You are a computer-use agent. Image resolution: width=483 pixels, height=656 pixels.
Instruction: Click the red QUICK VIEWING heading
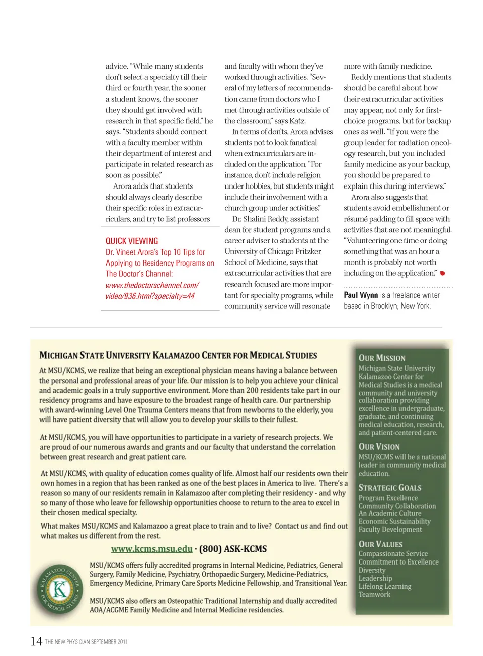click(x=132, y=241)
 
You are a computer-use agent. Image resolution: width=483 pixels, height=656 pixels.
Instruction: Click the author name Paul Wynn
click(x=361, y=295)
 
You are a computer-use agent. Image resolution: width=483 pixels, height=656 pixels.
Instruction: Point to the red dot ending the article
click(x=442, y=273)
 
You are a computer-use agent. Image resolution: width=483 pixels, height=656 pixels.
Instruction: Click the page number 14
click(x=36, y=641)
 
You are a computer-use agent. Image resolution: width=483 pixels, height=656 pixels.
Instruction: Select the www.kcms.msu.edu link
click(x=151, y=549)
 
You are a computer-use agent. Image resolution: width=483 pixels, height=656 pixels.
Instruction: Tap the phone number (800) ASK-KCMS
click(x=233, y=549)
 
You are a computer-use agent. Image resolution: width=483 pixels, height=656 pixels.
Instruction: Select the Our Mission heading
click(x=382, y=358)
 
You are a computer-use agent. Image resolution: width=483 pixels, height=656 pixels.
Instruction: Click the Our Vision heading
click(x=379, y=447)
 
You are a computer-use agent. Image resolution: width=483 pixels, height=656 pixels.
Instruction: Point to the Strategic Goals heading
click(x=390, y=488)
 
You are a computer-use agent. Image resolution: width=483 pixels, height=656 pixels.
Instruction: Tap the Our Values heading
click(x=380, y=544)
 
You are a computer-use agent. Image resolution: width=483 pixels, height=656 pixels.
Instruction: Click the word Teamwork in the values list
click(x=374, y=595)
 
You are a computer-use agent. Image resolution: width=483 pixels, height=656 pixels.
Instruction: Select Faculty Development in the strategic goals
click(x=390, y=530)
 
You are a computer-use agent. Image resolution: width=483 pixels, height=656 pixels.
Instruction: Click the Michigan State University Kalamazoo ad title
click(x=178, y=355)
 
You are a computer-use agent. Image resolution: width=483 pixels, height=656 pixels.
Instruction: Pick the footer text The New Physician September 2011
click(x=86, y=642)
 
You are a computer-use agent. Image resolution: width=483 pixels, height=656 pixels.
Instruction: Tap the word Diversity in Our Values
click(x=372, y=570)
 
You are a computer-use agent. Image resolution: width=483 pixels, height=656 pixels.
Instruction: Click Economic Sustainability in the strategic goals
click(x=394, y=522)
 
